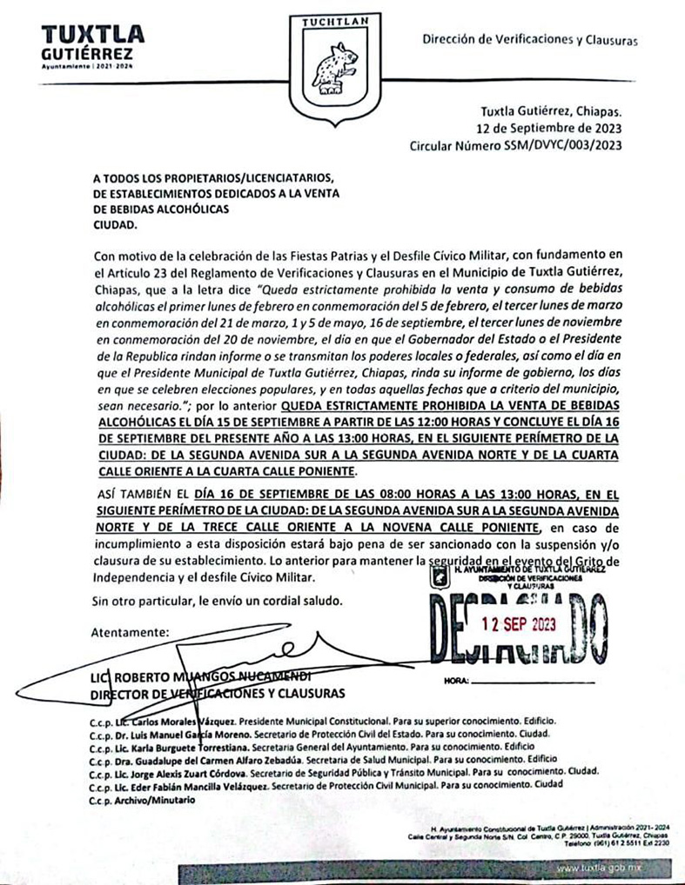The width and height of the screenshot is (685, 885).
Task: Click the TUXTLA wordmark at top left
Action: pyautogui.click(x=92, y=36)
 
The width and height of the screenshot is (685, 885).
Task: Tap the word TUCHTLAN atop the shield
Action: pyautogui.click(x=335, y=22)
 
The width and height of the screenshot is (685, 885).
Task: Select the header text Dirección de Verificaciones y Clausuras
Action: pyautogui.click(x=530, y=39)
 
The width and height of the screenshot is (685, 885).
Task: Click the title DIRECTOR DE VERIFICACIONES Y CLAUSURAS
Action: pyautogui.click(x=218, y=693)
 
